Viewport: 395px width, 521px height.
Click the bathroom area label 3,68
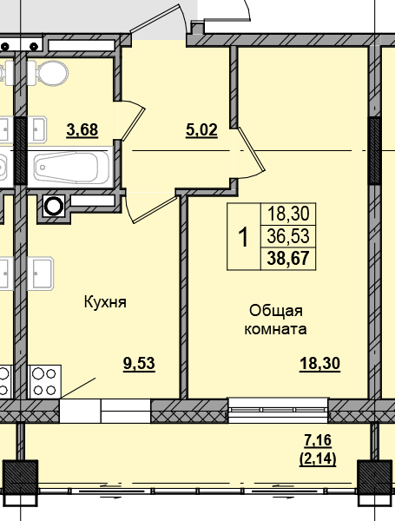(82, 130)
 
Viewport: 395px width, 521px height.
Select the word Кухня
(106, 302)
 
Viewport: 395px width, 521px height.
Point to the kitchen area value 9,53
(139, 364)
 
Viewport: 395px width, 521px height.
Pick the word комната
(276, 329)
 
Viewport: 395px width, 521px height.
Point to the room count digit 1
(244, 236)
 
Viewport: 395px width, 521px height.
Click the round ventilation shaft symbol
(54, 206)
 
